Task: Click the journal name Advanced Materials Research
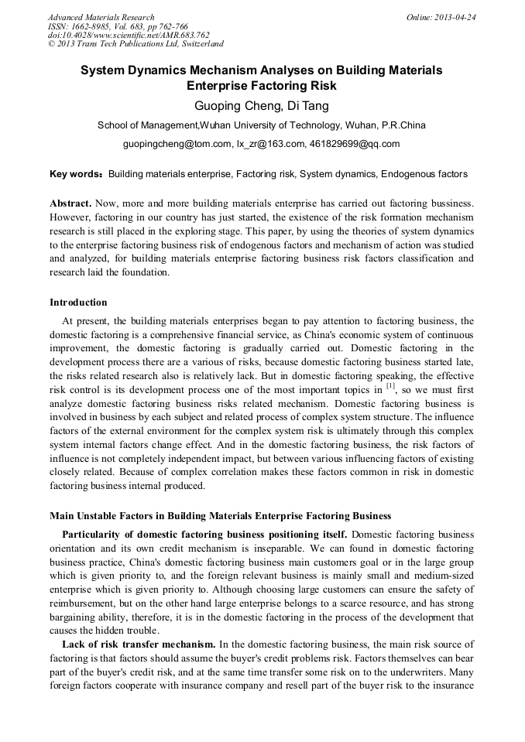[x=101, y=17]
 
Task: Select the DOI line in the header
[x=129, y=35]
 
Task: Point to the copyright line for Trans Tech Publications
[x=136, y=44]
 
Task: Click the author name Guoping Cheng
[x=229, y=104]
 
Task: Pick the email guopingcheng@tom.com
[x=177, y=144]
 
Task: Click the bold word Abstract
[x=70, y=203]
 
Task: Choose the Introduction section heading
[x=78, y=302]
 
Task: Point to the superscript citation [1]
[x=390, y=385]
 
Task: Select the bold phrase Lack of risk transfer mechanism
[x=139, y=644]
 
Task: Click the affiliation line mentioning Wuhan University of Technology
[x=261, y=125]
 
